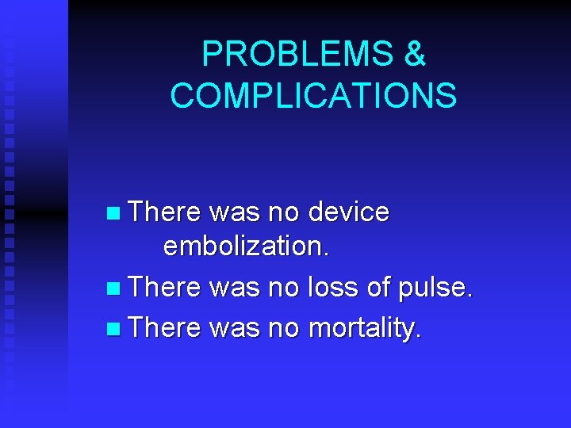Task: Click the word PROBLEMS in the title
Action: point(296,54)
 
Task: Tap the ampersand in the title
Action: point(415,54)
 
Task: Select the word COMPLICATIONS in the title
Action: point(313,96)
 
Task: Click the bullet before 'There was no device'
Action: point(116,213)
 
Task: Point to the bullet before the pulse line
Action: point(116,286)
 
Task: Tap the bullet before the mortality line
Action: point(116,327)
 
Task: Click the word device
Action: point(348,212)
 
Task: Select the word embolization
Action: point(246,246)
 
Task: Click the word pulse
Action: point(437,286)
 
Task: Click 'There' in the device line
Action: point(165,212)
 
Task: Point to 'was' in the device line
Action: point(236,212)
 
